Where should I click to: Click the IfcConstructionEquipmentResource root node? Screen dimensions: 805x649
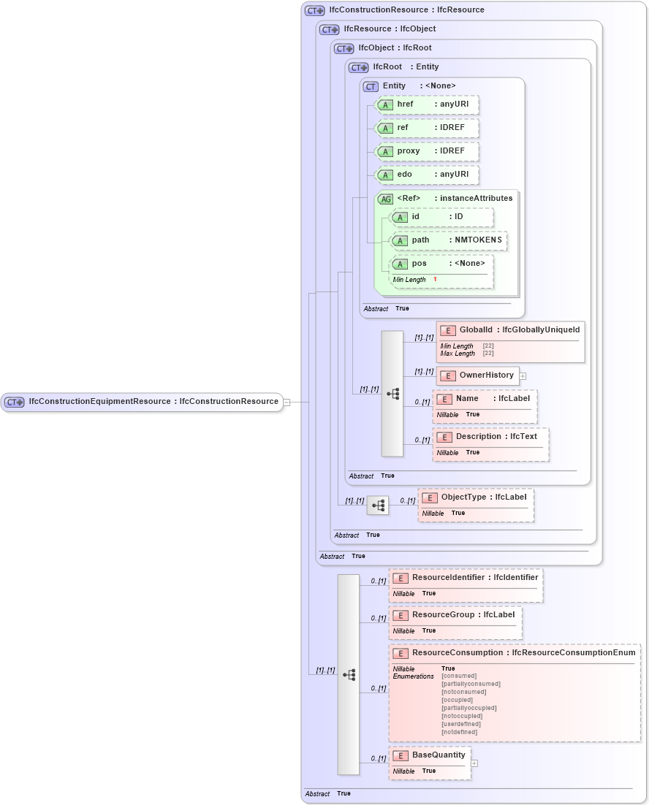point(143,401)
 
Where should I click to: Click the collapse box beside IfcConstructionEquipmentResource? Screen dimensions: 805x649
point(286,402)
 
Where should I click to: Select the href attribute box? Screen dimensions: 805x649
point(427,104)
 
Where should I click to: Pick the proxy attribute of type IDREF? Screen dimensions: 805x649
point(427,151)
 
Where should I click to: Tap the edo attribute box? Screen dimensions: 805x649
point(427,175)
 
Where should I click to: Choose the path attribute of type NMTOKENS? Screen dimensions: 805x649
point(447,240)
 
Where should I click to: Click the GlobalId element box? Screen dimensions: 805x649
point(510,331)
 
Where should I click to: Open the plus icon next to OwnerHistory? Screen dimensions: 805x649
point(523,376)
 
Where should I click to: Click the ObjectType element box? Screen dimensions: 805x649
point(475,497)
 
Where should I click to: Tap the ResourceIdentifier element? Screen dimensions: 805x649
point(466,578)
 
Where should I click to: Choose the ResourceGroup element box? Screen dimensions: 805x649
point(455,615)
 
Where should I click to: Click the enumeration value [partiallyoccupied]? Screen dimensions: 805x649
point(468,708)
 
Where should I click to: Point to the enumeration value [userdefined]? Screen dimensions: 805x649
point(460,724)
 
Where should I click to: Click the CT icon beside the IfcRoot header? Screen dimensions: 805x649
point(358,67)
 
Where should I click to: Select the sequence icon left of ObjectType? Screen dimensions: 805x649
point(377,505)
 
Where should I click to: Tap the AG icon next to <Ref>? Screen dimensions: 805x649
point(385,199)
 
